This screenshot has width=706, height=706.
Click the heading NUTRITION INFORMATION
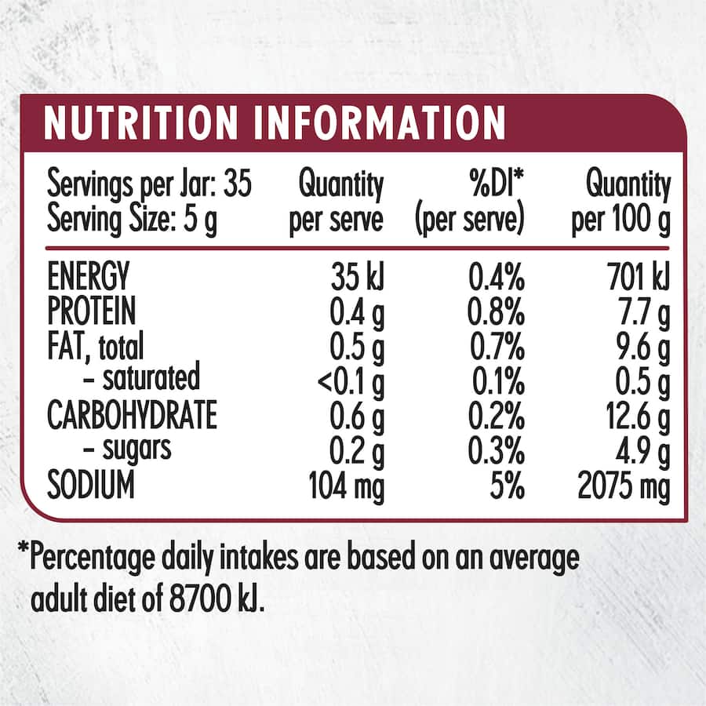click(x=275, y=123)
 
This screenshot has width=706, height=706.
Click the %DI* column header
click(x=496, y=186)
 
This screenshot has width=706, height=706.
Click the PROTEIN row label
click(x=92, y=311)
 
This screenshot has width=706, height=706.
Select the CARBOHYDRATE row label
click(x=132, y=416)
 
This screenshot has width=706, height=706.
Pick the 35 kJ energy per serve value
click(x=357, y=277)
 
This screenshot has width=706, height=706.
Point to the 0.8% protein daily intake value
click(x=495, y=312)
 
